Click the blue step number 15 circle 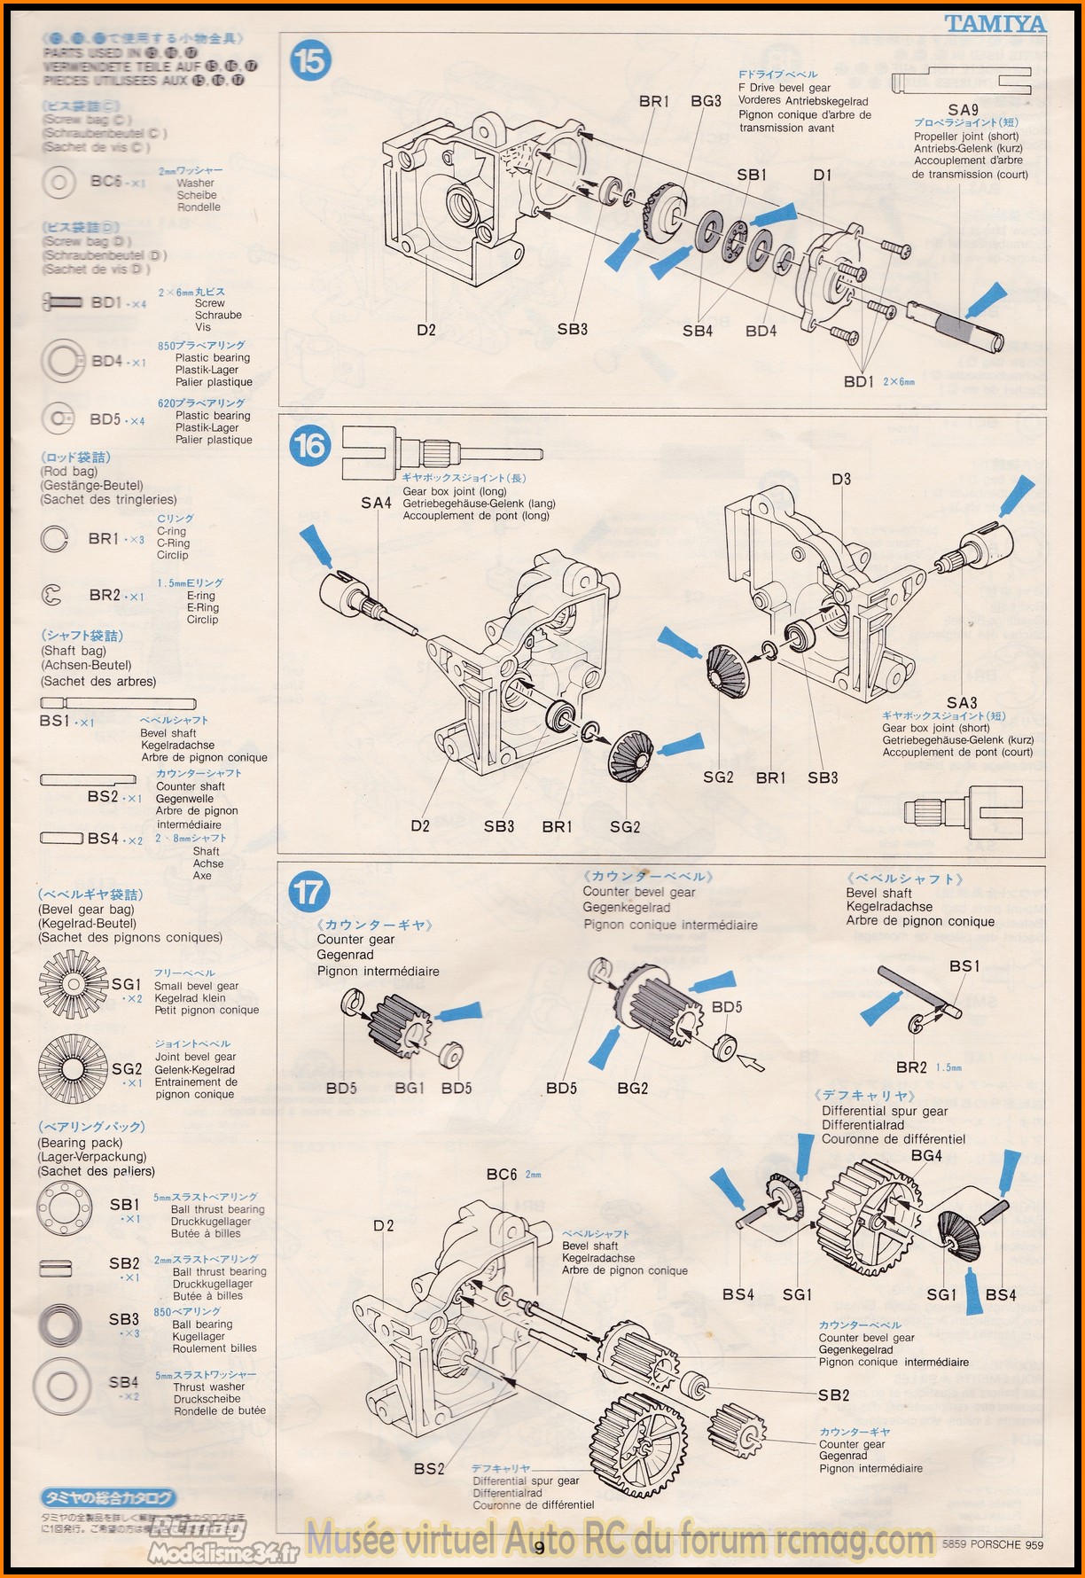310,61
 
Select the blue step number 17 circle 309,891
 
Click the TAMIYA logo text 995,24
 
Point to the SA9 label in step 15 963,111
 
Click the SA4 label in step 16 376,503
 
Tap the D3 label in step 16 841,479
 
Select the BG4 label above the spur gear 926,1155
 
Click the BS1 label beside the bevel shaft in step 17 964,965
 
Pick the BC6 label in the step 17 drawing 502,1174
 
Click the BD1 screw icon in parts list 62,302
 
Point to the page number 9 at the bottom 540,1547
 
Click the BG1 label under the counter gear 409,1088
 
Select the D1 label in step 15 823,175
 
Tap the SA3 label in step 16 962,703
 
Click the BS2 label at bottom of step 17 429,1469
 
